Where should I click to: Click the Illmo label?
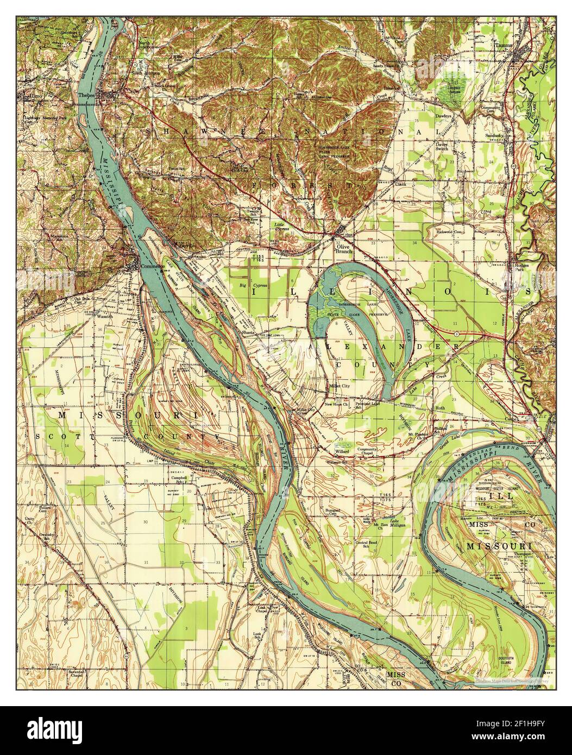tap(33, 97)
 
